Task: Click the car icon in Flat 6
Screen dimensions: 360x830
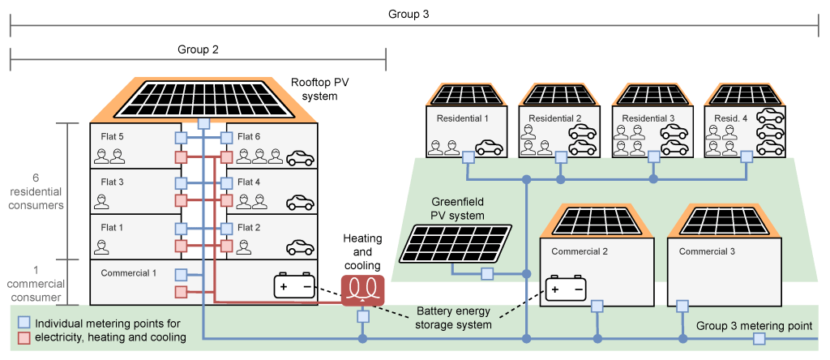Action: click(301, 158)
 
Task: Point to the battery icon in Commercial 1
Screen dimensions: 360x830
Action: click(295, 287)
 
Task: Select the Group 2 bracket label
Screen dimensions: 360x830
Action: click(198, 49)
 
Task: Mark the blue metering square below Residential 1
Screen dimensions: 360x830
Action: click(468, 160)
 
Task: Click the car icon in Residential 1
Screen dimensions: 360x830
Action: click(490, 148)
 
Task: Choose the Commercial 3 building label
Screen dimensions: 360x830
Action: click(707, 251)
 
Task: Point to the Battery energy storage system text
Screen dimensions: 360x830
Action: click(454, 318)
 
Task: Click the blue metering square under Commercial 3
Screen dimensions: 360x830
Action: click(682, 306)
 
